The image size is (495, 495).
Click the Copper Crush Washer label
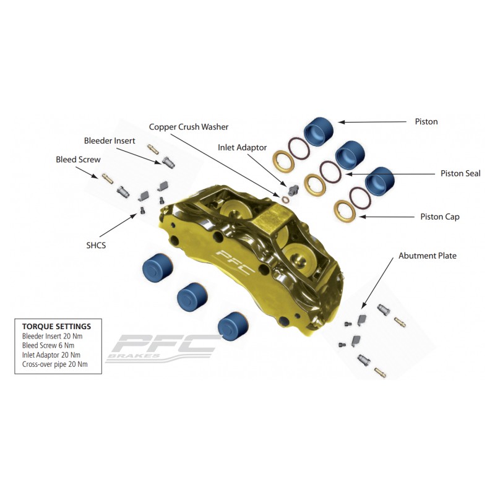tap(189, 127)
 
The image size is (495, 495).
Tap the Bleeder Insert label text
tap(110, 141)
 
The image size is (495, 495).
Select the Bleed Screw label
tap(78, 160)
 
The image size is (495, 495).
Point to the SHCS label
tap(96, 245)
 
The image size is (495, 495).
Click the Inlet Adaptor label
tap(242, 147)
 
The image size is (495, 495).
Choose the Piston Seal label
tap(460, 173)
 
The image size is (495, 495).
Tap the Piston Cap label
tap(440, 217)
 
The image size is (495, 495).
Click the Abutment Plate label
tap(428, 256)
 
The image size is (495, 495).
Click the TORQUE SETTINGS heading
tap(56, 327)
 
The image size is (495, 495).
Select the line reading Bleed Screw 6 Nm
tap(48, 345)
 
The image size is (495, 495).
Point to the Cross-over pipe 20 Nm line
tap(54, 364)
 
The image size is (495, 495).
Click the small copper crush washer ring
tap(285, 200)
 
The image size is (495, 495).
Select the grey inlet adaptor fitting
tap(293, 189)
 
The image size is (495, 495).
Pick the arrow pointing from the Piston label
tap(372, 122)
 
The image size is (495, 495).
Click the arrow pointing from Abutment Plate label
tap(377, 283)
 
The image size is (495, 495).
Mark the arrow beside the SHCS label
tap(118, 225)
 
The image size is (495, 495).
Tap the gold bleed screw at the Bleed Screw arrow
tap(107, 179)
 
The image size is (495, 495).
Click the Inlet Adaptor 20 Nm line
tap(51, 355)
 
